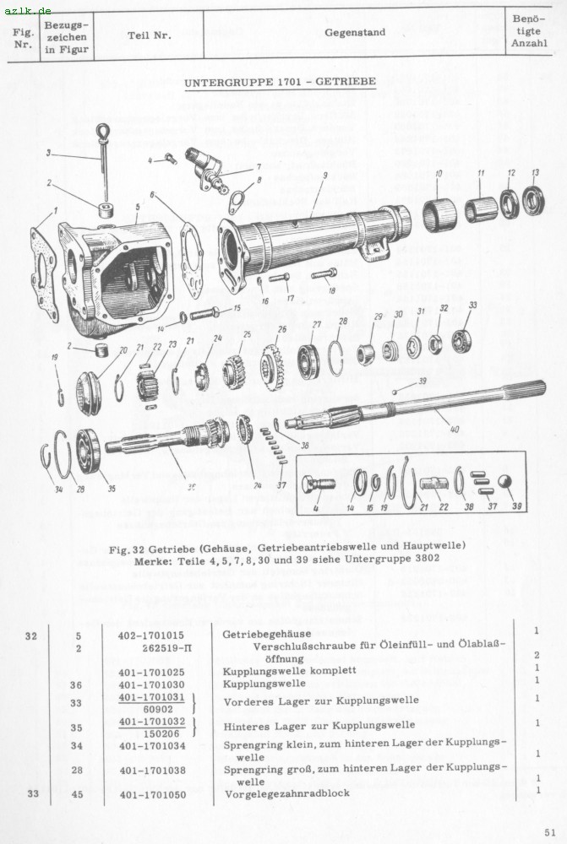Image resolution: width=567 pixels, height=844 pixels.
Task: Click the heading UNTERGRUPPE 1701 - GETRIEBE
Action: pos(280,83)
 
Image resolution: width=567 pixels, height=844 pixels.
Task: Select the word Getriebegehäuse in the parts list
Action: pos(266,634)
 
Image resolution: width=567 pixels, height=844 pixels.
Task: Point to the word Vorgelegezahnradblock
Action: pos(286,793)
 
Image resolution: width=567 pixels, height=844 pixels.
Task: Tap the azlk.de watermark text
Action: pos(28,10)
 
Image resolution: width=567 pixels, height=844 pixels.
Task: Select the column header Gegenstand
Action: pos(355,33)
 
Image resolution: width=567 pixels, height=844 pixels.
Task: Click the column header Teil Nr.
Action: pos(150,35)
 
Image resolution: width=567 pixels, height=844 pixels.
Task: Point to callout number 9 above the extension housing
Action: pos(324,176)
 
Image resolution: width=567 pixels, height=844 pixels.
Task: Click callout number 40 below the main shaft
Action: pos(454,429)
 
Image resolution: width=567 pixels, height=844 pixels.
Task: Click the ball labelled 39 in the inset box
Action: pos(504,482)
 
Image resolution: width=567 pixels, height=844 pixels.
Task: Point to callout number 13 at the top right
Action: pos(535,172)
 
